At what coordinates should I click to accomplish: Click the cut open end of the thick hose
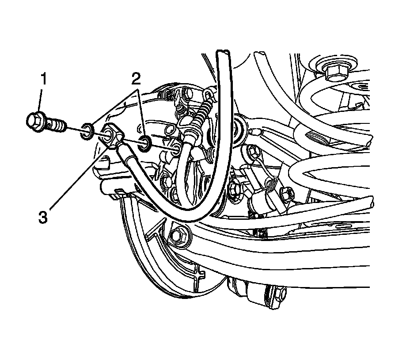pos(223,54)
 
